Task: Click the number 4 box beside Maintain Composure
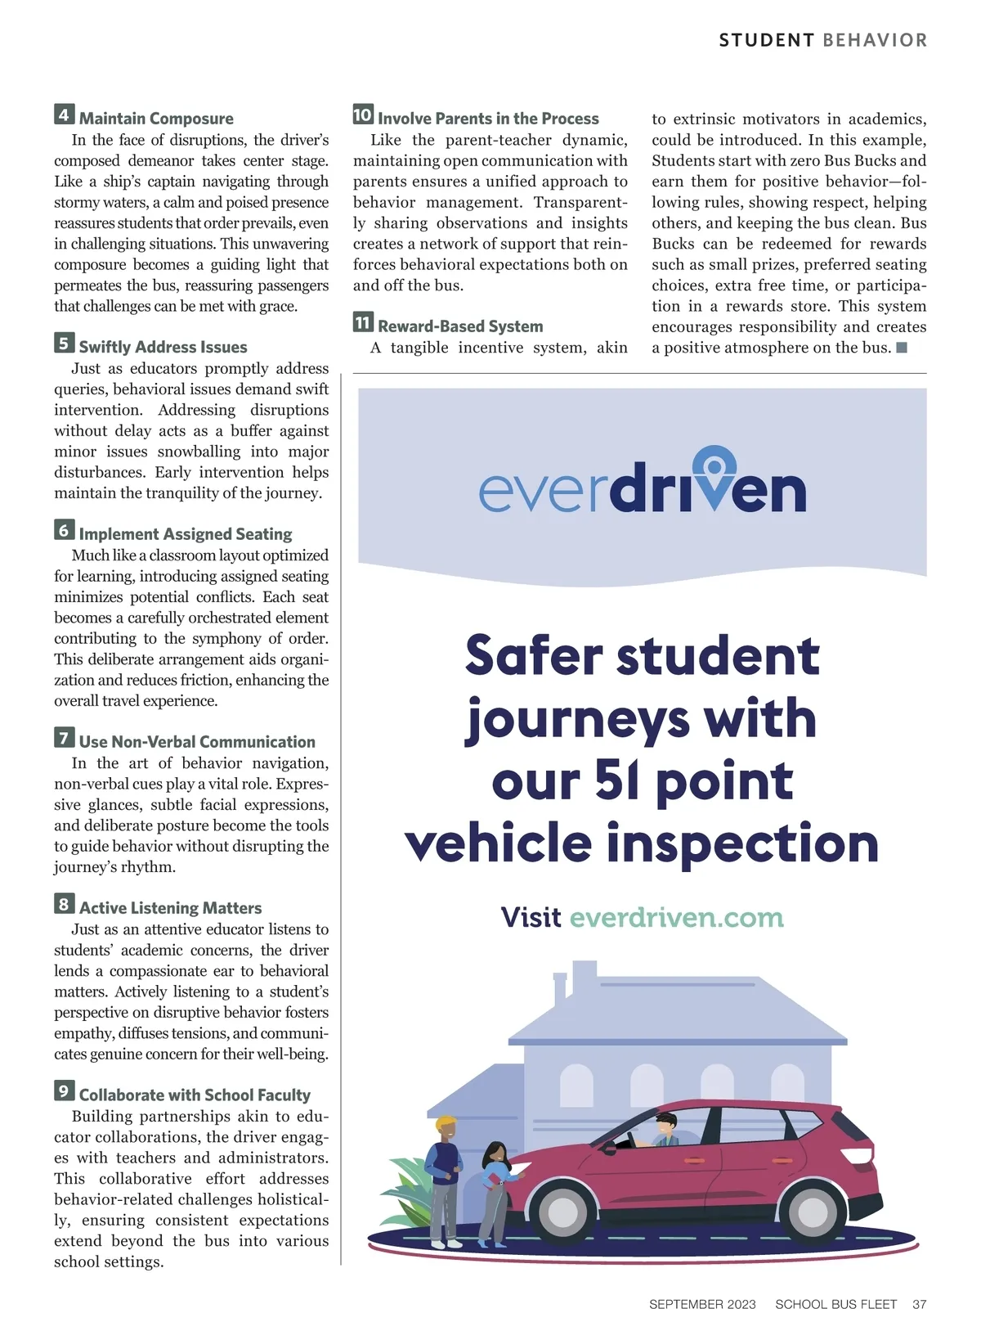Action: coord(65,115)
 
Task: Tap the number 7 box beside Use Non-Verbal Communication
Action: coord(65,738)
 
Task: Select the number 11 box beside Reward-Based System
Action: coord(363,322)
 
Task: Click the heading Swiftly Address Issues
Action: coord(163,347)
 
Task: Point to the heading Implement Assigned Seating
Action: coord(186,534)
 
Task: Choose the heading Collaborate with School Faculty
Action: coord(195,1095)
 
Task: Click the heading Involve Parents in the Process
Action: coord(488,119)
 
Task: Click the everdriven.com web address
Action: coord(676,917)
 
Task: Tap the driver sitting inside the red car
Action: coord(666,1131)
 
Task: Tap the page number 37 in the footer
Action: coord(919,1304)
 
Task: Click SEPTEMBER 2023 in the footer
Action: coord(702,1304)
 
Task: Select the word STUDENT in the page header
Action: coord(766,40)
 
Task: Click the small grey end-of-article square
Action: coord(902,348)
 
